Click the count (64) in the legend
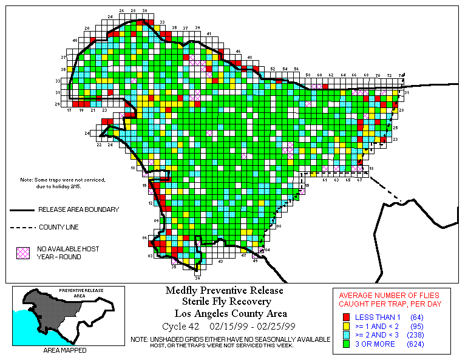416,318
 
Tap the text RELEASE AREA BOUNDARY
78,209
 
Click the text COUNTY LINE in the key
59,228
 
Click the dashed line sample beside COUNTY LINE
21,228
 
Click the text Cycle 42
177,326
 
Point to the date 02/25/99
277,326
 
